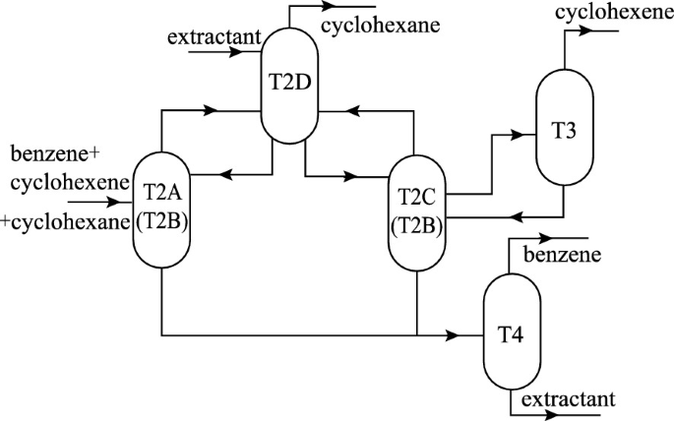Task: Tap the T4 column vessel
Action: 512,331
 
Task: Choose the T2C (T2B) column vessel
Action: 418,211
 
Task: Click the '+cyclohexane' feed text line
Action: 66,222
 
